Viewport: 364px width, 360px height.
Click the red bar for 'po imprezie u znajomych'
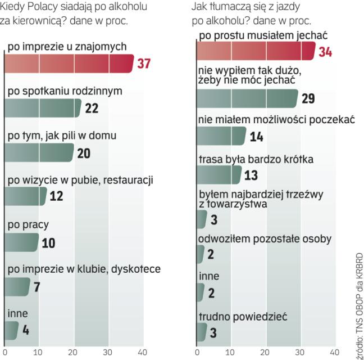click(67, 64)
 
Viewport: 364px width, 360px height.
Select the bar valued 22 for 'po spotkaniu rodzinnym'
click(42, 108)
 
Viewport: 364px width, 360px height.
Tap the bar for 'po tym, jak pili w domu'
click(39, 152)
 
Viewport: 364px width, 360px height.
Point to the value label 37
click(144, 64)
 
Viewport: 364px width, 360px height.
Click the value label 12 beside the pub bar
click(56, 196)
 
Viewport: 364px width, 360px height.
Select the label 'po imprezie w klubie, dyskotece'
click(84, 269)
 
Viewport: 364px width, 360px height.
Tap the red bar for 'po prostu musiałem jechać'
click(256, 51)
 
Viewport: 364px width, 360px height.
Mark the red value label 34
click(325, 52)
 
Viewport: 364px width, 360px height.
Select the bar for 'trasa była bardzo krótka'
click(219, 175)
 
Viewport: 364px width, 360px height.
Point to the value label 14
click(256, 137)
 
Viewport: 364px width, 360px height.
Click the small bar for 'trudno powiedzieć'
click(201, 332)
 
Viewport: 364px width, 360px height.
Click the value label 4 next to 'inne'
click(26, 331)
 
